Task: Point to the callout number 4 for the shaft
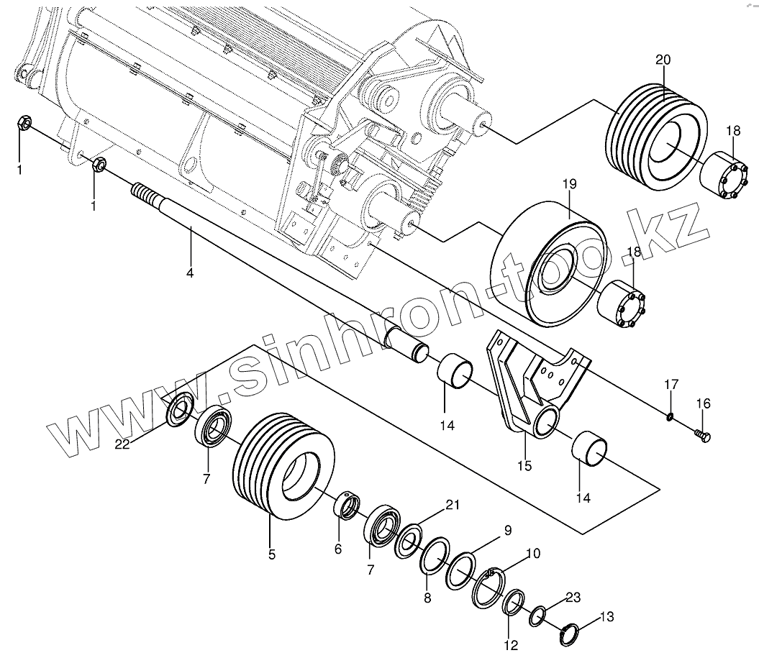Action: point(191,274)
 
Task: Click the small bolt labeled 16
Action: point(703,435)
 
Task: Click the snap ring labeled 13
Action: point(570,632)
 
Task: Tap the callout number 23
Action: point(573,596)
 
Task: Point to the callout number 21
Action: point(452,504)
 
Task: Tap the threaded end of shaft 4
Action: point(144,195)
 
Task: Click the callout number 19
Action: point(570,185)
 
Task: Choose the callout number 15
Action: point(524,466)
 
